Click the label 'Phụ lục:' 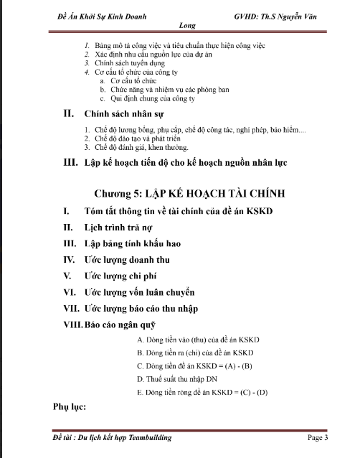[x=70, y=407]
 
